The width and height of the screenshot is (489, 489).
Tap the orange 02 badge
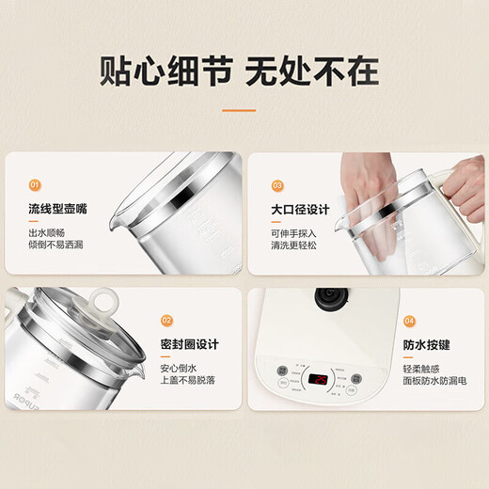point(168,320)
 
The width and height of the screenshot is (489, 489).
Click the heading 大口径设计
point(300,210)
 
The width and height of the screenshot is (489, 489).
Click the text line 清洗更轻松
point(295,247)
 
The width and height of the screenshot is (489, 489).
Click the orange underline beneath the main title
point(238,110)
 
